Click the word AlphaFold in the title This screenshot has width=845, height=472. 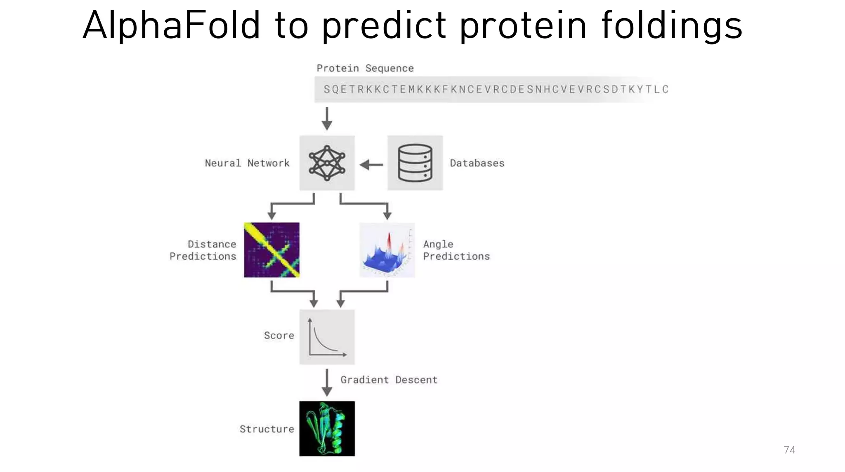click(171, 26)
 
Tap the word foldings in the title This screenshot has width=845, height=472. click(671, 26)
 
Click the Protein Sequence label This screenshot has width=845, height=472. click(365, 68)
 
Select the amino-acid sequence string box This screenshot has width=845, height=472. click(491, 89)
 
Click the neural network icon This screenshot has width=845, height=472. click(327, 163)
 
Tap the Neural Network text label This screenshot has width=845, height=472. click(247, 163)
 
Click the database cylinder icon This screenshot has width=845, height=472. click(415, 163)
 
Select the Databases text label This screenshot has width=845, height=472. click(477, 163)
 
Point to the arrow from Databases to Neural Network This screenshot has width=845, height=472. click(371, 165)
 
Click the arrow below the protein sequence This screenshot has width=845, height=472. click(327, 119)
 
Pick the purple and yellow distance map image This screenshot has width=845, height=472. click(271, 250)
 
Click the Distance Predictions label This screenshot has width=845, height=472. click(203, 250)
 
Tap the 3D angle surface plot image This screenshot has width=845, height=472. click(387, 250)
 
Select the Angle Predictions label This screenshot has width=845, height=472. click(456, 250)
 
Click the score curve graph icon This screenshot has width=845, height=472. click(327, 337)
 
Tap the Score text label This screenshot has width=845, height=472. click(279, 336)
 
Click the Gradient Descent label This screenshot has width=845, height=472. click(389, 380)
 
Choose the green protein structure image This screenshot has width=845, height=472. click(327, 428)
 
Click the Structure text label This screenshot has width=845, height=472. click(267, 429)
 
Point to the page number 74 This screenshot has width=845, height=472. click(789, 450)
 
